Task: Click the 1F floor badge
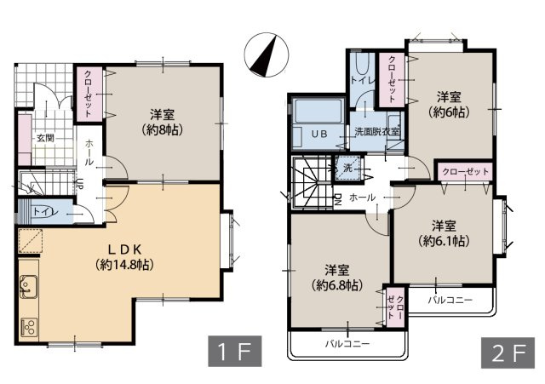pos(235,351)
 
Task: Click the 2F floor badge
pos(508,352)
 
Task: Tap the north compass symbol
pos(267,54)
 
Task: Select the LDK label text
pos(124,249)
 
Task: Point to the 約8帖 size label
pos(162,129)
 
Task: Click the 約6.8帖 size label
pos(337,285)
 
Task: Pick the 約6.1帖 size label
pos(444,240)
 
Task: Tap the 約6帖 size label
pos(449,112)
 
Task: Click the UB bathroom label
pos(319,134)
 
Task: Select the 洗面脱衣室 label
pos(377,132)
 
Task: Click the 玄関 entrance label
pos(45,138)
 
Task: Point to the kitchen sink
pos(28,287)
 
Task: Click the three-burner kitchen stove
pos(29,327)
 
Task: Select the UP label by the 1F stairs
pos(79,183)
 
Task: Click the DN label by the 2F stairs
pos(337,199)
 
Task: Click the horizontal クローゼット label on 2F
pos(465,172)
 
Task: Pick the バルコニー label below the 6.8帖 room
pos(347,344)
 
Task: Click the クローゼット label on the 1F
pos(89,94)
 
